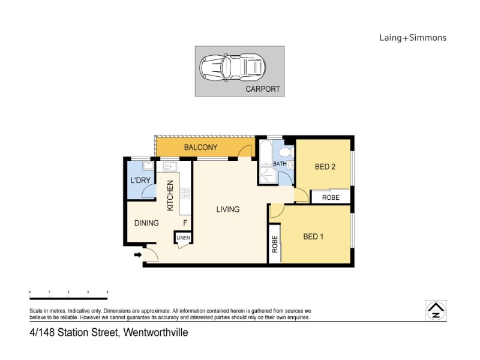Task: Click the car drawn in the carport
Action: pos(232,66)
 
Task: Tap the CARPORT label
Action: pos(263,89)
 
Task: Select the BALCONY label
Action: pos(200,148)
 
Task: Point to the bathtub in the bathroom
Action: pos(265,157)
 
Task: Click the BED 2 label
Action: pos(325,167)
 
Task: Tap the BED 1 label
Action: pos(313,236)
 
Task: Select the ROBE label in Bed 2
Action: pos(331,197)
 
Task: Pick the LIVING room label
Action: pos(228,209)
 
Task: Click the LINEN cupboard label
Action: pos(183,238)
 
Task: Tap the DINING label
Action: pos(146,223)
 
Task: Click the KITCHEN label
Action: pos(170,196)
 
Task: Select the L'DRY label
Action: pos(140,181)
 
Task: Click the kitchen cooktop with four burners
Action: pos(185,193)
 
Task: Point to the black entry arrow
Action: pos(138,255)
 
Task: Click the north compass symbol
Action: pos(434,309)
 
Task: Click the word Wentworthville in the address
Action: pos(155,331)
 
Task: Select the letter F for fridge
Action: pos(185,223)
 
